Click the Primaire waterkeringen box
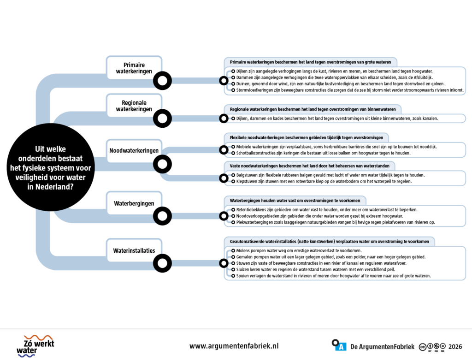pos(134,68)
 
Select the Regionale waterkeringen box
pos(134,106)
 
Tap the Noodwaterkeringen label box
pos(134,151)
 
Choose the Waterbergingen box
pos(134,203)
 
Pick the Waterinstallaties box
pos(134,250)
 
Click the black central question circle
pos(51,167)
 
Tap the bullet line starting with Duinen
pos(340,84)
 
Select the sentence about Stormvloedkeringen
pos(350,90)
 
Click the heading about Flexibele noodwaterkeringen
pos(307,137)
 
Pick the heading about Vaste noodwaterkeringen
pos(309,166)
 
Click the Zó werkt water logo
pos(35,346)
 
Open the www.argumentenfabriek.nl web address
pos(234,346)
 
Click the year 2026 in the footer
pos(455,347)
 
